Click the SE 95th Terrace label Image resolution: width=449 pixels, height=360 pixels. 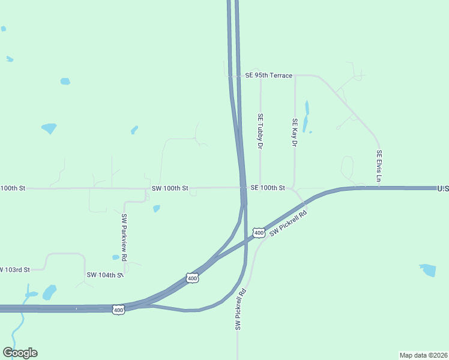coord(268,76)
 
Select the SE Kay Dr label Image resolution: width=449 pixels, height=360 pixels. coord(295,133)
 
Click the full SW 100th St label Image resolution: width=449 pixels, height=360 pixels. coord(170,188)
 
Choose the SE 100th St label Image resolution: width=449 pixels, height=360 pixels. coord(268,188)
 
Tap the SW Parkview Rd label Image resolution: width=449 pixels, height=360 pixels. coord(124,237)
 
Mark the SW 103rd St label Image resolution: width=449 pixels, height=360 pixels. coord(15,269)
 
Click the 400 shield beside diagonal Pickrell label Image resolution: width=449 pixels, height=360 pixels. coord(258,232)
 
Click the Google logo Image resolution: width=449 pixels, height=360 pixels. coord(20,353)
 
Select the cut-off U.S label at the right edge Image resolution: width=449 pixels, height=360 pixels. coord(443,188)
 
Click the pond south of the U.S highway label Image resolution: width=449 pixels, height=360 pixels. coord(428,270)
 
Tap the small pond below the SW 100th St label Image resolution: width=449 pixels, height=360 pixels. coord(157,209)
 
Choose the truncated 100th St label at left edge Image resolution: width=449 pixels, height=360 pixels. coord(13,188)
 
